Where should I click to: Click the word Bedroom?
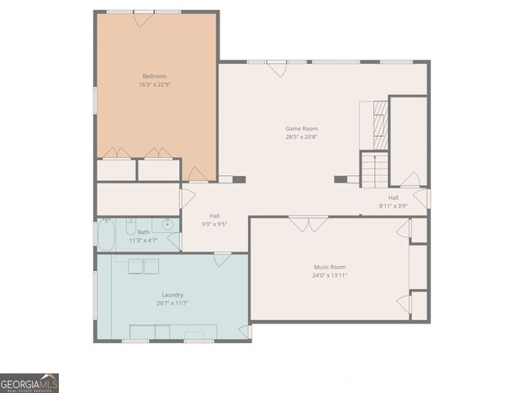tap(155, 76)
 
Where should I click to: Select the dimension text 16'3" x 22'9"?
tap(155, 84)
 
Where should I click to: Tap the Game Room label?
tap(301, 129)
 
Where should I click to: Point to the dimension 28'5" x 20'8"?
tap(301, 137)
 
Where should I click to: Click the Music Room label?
tap(330, 267)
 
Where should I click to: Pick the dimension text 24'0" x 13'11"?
tap(330, 275)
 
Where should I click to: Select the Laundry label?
tap(173, 295)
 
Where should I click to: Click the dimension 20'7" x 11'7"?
tap(173, 303)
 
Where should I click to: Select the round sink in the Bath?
tap(167, 224)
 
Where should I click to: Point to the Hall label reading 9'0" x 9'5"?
tap(214, 219)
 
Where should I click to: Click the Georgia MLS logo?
tap(29, 382)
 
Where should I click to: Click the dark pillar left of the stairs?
tap(340, 178)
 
